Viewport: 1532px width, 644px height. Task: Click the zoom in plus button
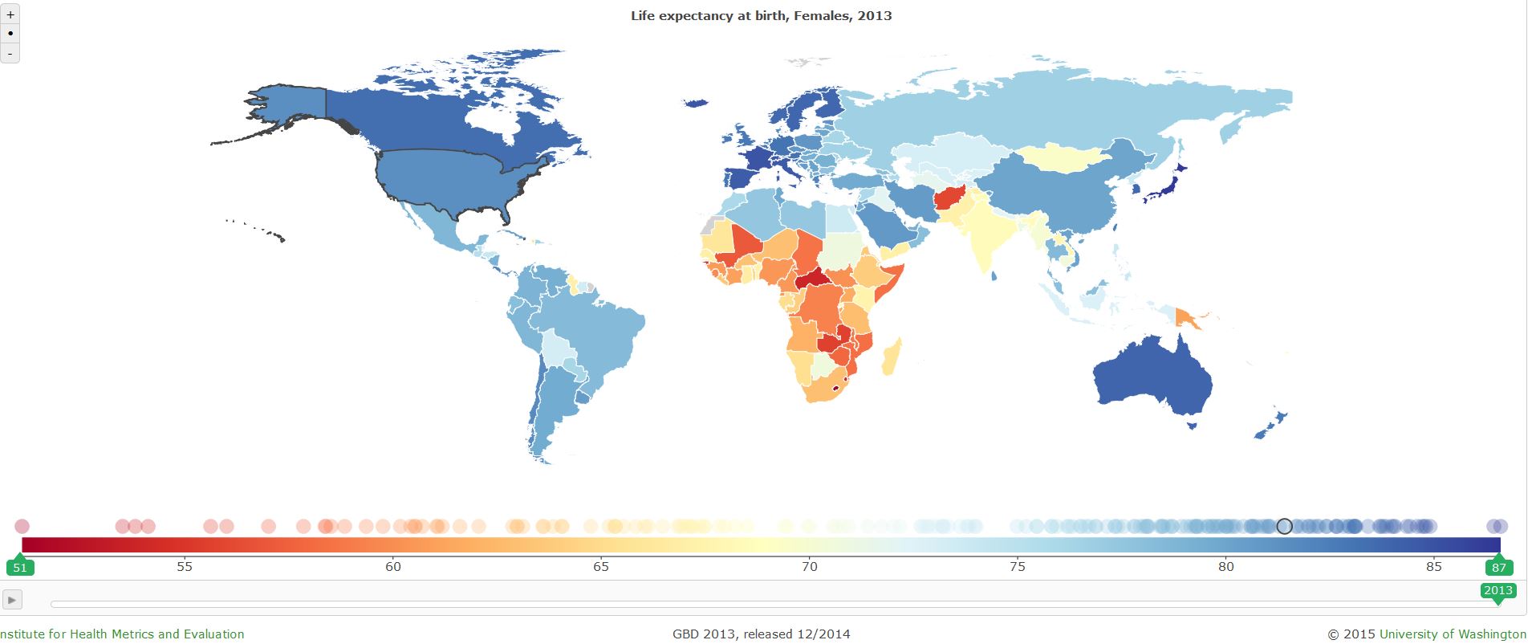click(10, 14)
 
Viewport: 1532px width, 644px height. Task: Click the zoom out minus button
click(10, 53)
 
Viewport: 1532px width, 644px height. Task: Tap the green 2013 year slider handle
click(1497, 591)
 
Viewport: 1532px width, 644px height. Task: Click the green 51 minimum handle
click(20, 567)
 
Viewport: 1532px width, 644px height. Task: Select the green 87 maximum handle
click(1498, 567)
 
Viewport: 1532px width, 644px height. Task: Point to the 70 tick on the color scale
click(810, 566)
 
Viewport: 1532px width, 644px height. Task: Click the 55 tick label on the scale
click(185, 566)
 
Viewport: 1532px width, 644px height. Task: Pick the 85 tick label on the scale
click(1434, 566)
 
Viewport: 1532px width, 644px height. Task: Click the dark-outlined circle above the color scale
click(1284, 526)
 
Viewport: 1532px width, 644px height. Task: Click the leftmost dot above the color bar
click(22, 526)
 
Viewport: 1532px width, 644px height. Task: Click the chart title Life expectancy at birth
click(761, 15)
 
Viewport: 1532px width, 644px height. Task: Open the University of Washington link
click(1453, 634)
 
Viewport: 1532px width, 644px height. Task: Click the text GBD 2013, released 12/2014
click(761, 634)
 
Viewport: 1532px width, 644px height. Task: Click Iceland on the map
click(695, 103)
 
